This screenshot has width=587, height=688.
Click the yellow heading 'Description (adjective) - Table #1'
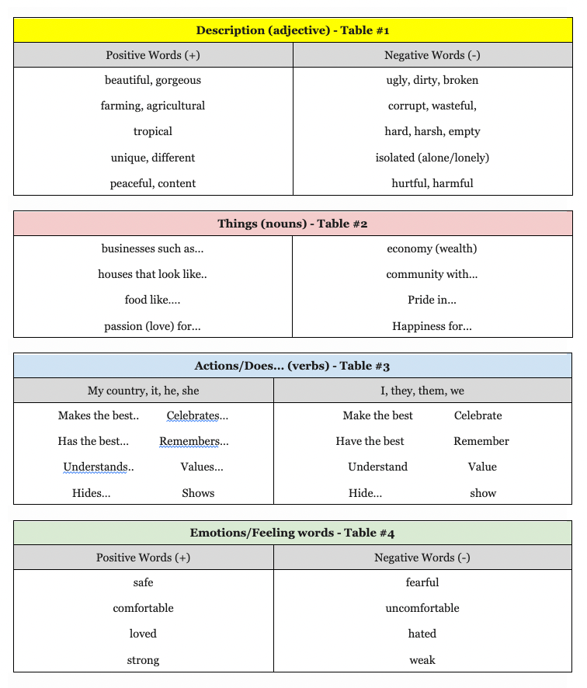click(x=293, y=30)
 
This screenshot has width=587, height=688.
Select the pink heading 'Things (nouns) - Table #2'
click(x=293, y=224)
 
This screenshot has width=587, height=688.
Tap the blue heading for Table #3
click(x=293, y=366)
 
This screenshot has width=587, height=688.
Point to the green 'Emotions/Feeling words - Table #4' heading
click(x=293, y=533)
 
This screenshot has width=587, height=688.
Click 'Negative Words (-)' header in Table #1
click(x=432, y=55)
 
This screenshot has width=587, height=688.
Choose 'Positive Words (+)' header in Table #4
click(x=143, y=558)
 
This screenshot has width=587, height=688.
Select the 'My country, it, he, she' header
click(x=144, y=391)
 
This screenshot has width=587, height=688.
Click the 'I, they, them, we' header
click(x=422, y=391)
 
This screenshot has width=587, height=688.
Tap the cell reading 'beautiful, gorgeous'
click(x=153, y=80)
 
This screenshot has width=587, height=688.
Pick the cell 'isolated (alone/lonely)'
click(x=432, y=158)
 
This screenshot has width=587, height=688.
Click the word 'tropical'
click(x=153, y=131)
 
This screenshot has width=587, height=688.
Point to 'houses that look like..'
click(x=153, y=274)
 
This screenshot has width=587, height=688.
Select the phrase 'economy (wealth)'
click(x=432, y=248)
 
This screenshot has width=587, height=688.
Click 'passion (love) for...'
click(x=153, y=326)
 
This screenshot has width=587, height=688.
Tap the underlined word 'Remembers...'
click(x=194, y=441)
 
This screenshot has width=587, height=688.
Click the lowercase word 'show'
click(x=483, y=493)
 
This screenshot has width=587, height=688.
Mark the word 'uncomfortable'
click(x=422, y=608)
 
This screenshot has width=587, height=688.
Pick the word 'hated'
click(x=422, y=634)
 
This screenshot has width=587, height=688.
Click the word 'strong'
click(x=143, y=660)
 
